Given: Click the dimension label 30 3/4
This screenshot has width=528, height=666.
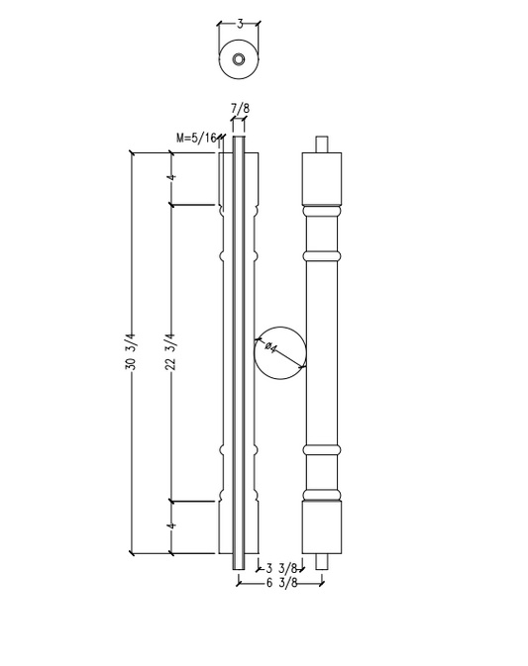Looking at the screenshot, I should coord(130,352).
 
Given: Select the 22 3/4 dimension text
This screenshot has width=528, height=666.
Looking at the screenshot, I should coord(169,352).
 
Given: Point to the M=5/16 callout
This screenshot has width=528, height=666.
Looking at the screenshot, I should coord(196,138).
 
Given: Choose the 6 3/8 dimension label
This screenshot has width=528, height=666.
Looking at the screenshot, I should coord(284,583).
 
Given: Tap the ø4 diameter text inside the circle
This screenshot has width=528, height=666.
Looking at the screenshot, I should coord(270,347).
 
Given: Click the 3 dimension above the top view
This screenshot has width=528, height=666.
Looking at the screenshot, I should coord(239,23).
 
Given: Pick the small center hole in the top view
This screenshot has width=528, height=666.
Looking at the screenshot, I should coord(239,59).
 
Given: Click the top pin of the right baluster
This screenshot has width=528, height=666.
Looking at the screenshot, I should coord(321,143).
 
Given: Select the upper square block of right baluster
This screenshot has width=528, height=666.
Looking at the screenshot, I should coord(321,178).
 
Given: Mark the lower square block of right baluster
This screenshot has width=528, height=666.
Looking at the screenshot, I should coord(321,526).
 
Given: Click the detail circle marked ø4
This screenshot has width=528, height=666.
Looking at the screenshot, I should coord(280,353).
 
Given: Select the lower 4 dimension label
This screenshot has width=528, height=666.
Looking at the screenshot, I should coord(170,526).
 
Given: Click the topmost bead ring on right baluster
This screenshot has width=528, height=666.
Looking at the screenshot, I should coord(321,211).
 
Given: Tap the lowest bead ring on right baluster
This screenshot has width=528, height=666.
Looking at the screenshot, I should coord(321,493).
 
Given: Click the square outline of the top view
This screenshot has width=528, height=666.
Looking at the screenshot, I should coord(220,59).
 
